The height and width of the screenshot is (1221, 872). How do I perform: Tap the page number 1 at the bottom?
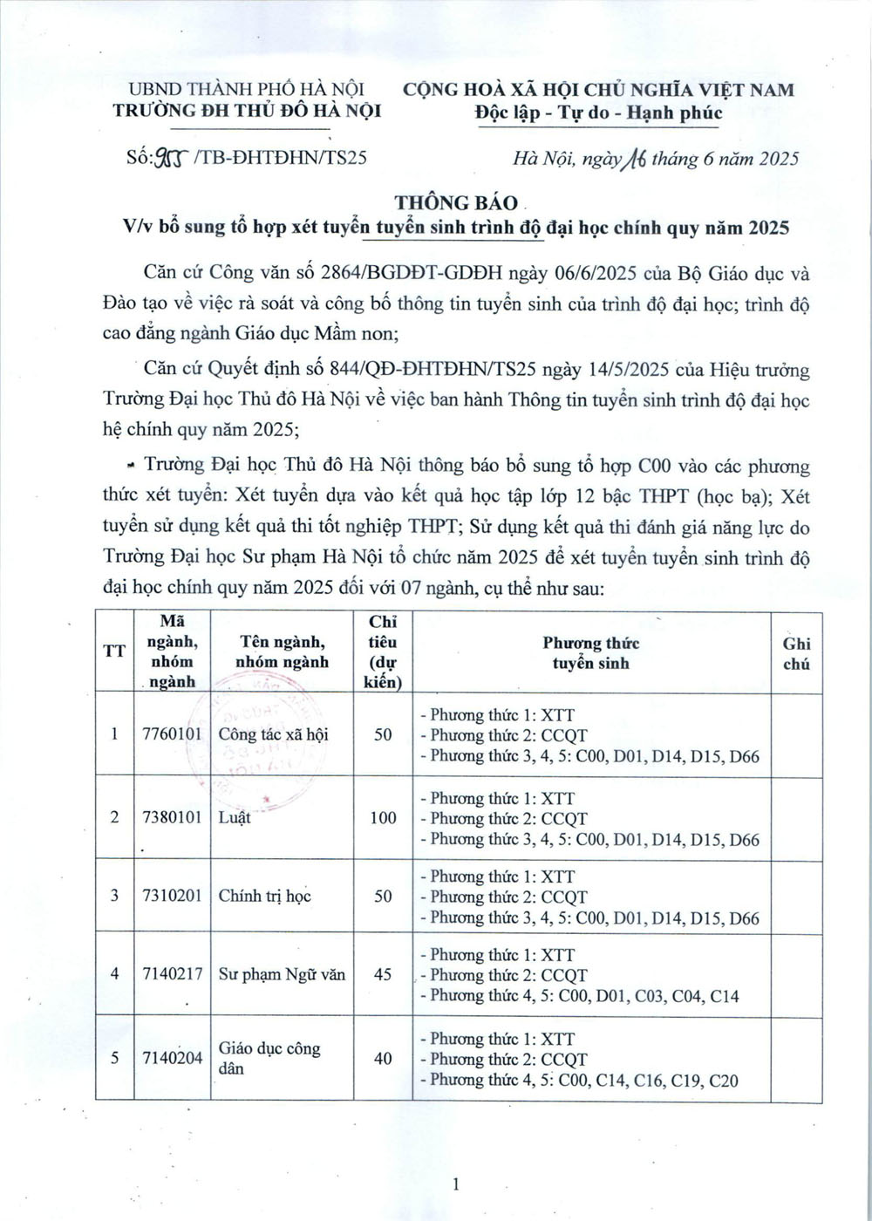tap(456, 1183)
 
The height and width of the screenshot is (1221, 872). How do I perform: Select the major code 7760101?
tap(172, 734)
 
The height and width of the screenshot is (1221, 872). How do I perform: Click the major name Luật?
tap(235, 818)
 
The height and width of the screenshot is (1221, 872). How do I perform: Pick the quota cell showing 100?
tap(383, 818)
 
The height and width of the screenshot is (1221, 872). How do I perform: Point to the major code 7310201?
tap(172, 896)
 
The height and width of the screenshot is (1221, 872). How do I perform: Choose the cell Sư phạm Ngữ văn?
tap(282, 974)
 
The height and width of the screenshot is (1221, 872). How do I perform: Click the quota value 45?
tap(383, 974)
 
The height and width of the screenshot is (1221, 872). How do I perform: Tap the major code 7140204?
tap(172, 1058)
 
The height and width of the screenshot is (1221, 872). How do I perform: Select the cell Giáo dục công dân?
tap(269, 1058)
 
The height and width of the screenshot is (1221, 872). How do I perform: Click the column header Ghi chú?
tap(796, 653)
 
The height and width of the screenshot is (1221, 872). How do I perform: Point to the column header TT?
tap(114, 651)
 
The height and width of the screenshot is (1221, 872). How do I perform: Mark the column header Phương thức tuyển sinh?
tap(590, 653)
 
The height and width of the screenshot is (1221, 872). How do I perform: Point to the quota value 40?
tap(383, 1058)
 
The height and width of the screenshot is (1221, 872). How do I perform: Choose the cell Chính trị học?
tap(265, 896)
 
